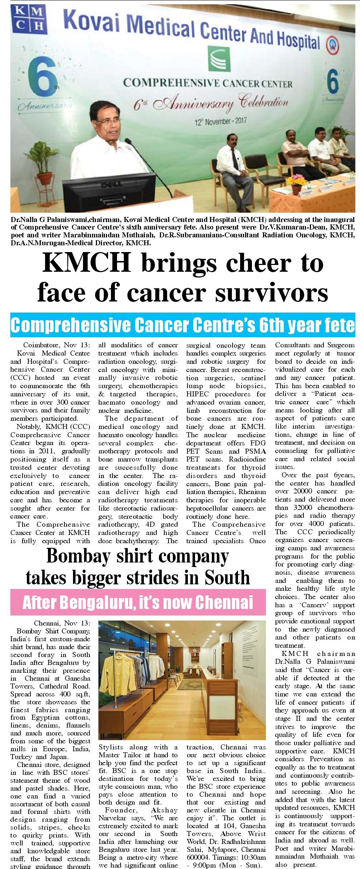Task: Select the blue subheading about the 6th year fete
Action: (x=183, y=325)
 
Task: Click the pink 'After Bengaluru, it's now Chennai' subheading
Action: (x=138, y=602)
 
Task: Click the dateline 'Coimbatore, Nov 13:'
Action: (x=57, y=346)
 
